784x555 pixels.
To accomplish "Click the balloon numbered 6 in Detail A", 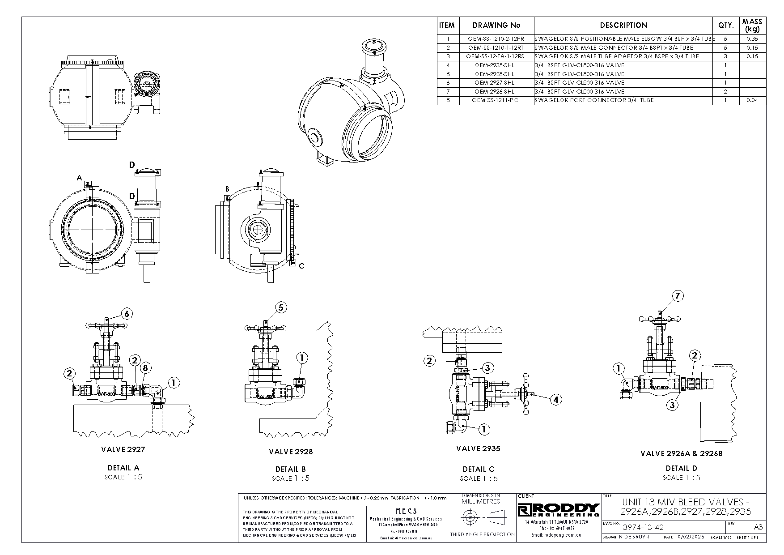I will coord(127,314).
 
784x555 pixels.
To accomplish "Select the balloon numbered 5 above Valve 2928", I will coord(281,307).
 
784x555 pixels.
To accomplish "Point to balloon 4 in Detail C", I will coord(555,400).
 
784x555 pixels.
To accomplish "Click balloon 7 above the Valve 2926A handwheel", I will coord(678,296).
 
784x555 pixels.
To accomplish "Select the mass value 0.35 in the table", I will coord(752,39).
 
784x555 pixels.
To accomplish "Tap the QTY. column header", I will coord(725,26).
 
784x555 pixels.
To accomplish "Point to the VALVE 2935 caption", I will coord(478,448).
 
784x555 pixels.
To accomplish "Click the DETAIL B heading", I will coord(290,469).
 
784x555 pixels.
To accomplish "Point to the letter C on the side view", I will coord(301,266).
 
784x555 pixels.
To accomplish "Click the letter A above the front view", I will coord(79,178).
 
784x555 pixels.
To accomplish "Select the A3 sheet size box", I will coord(759,527).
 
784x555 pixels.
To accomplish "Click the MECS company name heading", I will coord(406,511).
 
